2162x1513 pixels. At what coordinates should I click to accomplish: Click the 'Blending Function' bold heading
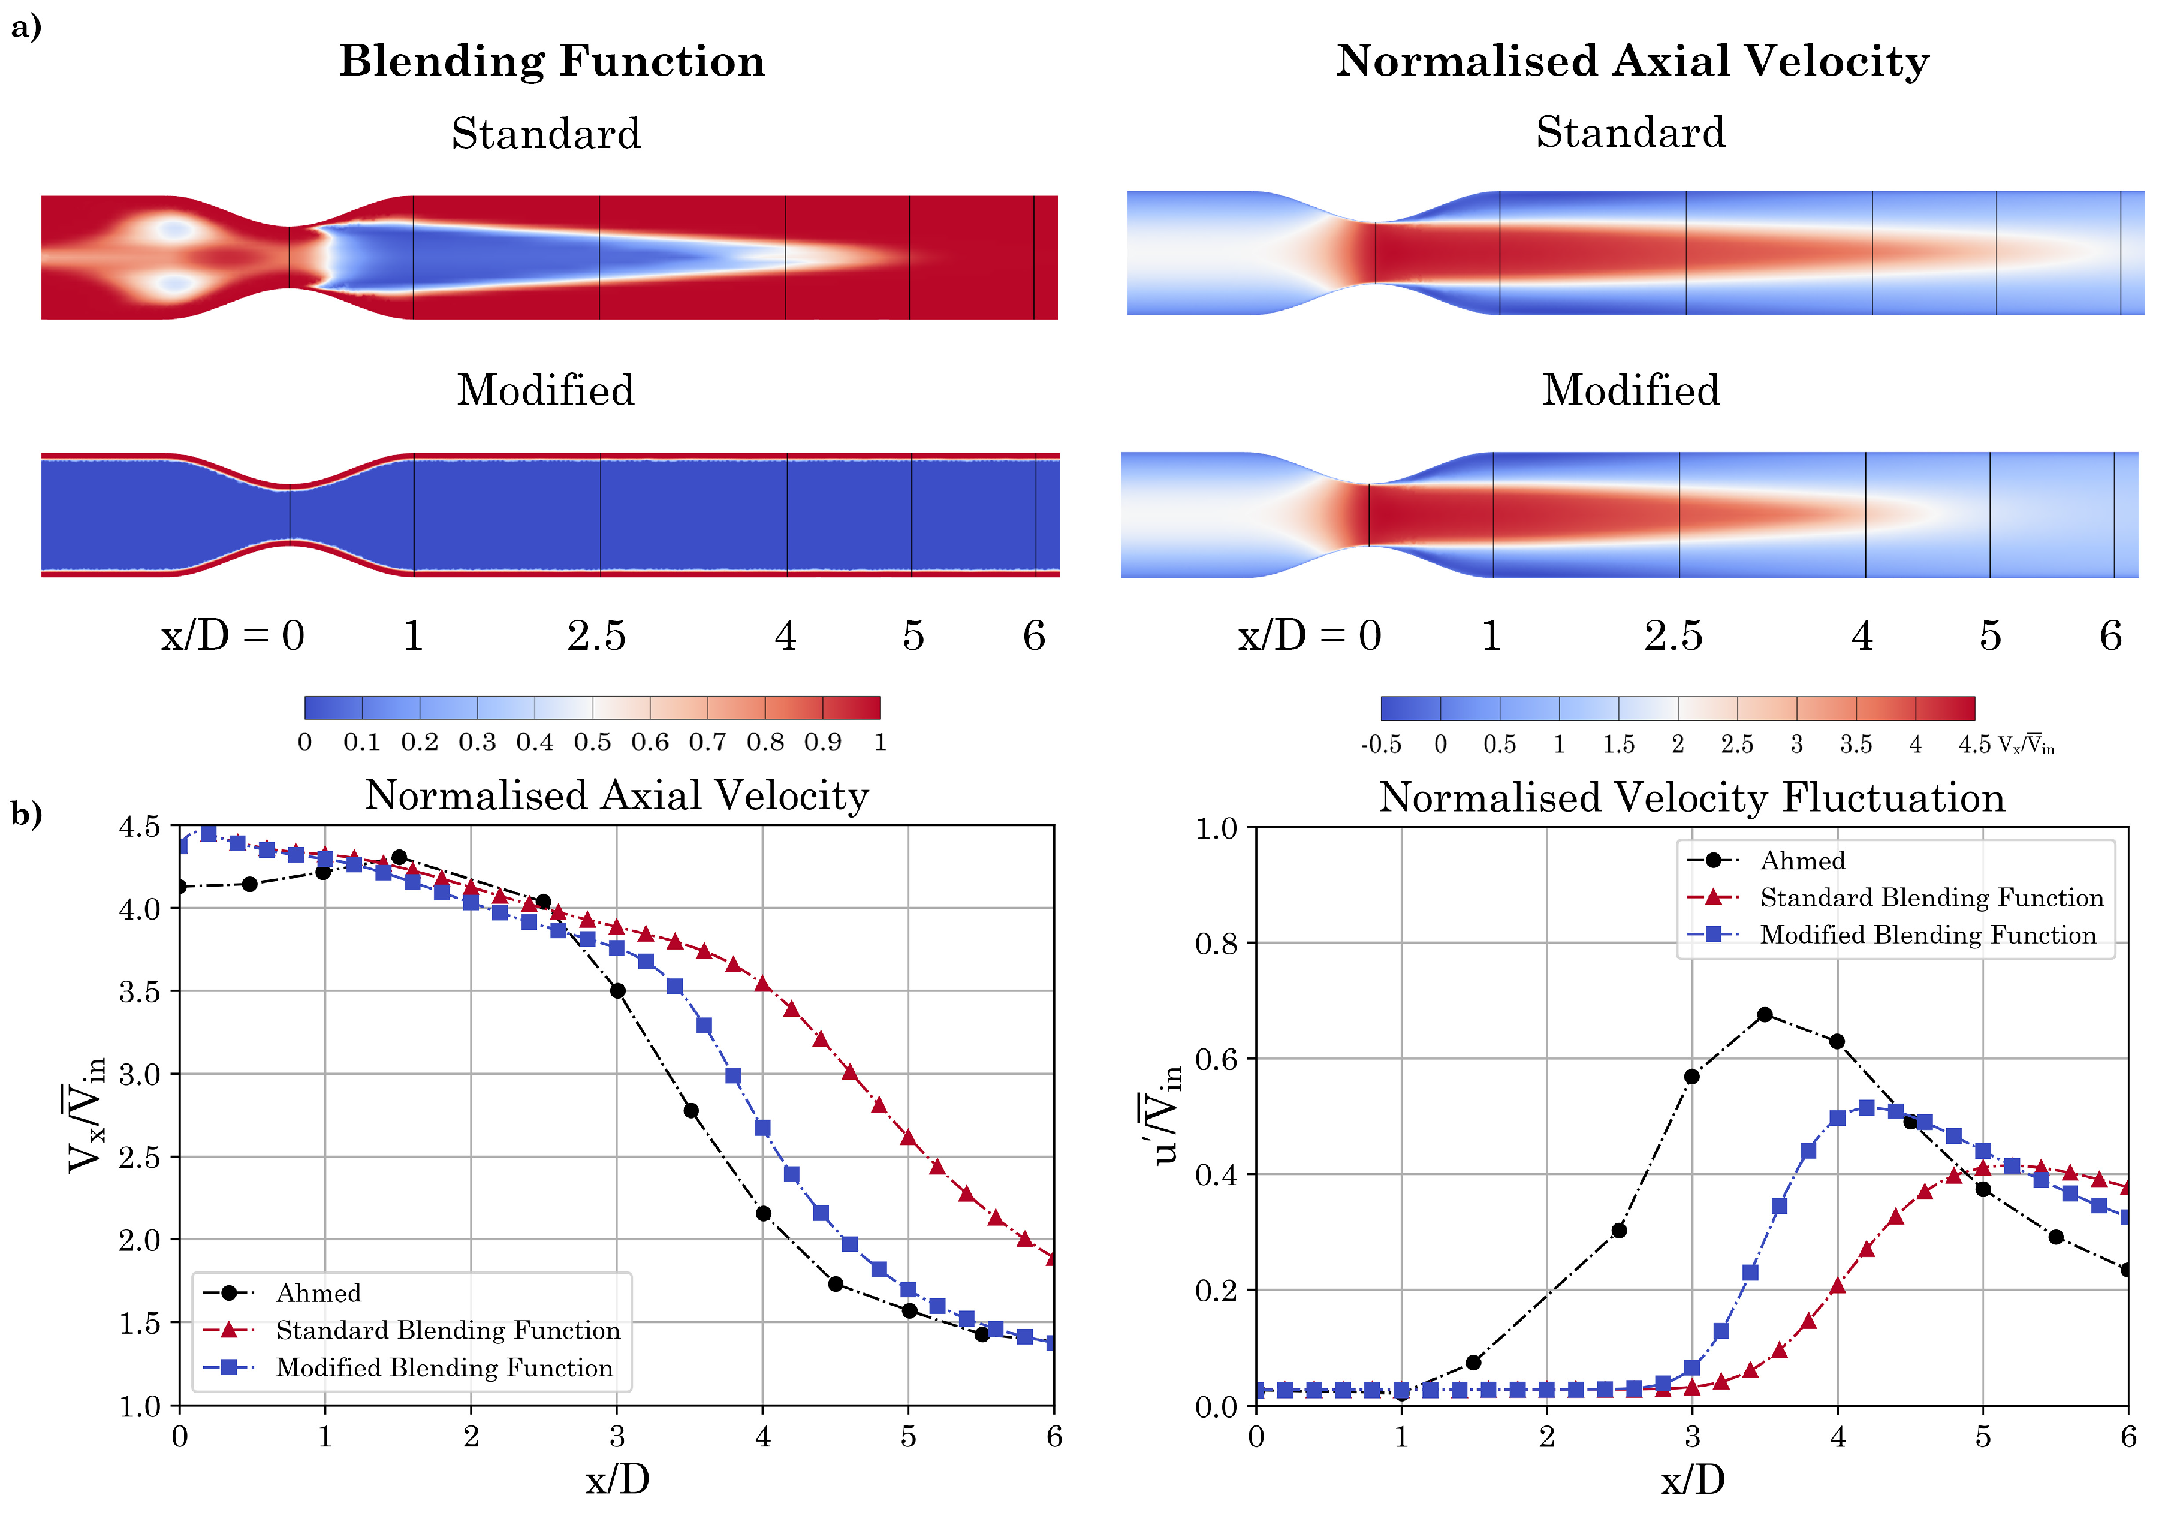[552, 61]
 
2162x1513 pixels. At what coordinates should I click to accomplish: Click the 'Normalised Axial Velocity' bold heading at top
[1632, 61]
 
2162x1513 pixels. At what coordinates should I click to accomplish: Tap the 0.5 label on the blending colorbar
[592, 742]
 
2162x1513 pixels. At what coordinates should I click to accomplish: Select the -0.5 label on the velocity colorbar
[1380, 745]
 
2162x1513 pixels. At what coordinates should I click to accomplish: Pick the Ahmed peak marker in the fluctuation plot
[1765, 1015]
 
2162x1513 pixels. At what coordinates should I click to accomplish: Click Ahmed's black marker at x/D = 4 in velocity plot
[763, 1214]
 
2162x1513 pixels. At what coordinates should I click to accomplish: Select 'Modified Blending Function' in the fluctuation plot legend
[1928, 935]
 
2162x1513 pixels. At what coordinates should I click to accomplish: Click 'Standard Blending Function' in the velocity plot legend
[447, 1330]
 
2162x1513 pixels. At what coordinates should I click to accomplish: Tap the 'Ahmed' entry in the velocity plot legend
[318, 1292]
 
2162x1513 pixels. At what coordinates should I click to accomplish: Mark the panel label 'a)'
[26, 26]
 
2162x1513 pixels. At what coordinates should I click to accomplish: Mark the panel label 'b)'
[26, 812]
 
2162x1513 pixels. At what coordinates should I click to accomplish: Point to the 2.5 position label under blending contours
[596, 637]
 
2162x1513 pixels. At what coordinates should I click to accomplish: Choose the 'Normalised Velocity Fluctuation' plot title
[1691, 797]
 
